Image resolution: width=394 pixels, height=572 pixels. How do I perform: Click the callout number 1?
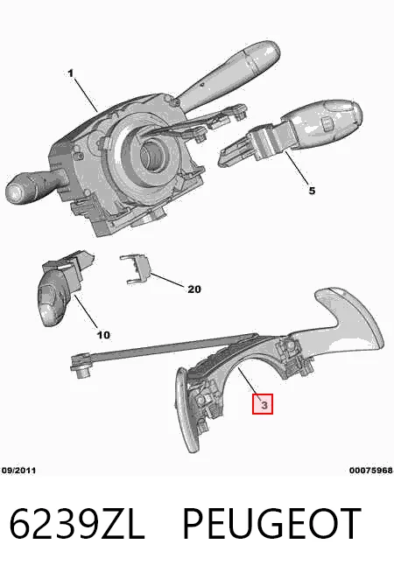point(70,73)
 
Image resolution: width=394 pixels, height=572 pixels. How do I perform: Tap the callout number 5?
point(312,191)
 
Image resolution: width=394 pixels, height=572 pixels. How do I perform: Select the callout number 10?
point(103,334)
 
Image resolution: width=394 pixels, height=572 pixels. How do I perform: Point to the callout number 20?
point(194,289)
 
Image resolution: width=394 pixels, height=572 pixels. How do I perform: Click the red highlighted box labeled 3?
point(263,404)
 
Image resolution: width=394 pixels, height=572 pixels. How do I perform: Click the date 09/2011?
point(18,471)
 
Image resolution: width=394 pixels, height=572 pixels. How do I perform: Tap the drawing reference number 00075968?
point(371,471)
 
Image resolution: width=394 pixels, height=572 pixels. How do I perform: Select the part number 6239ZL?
point(77,524)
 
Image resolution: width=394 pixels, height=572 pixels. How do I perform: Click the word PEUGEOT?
point(272,524)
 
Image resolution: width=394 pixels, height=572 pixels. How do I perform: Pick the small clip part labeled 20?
point(135,269)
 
